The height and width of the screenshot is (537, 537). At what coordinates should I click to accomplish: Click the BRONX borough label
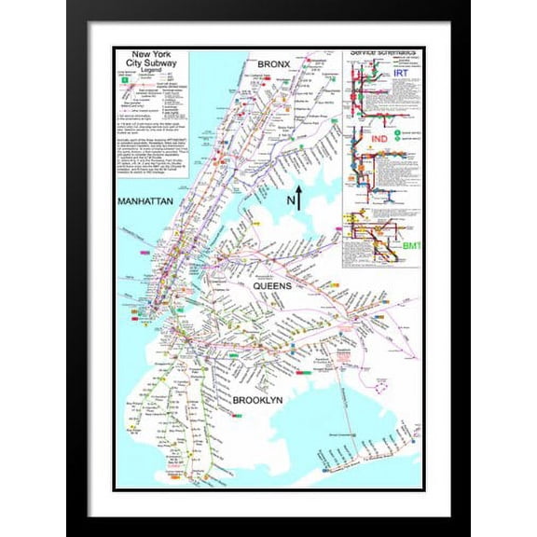click(x=276, y=62)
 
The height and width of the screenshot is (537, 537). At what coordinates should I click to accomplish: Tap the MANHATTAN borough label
click(x=144, y=201)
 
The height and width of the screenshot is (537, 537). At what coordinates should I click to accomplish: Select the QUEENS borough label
click(x=272, y=286)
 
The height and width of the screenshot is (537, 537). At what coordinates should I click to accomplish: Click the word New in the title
click(x=142, y=56)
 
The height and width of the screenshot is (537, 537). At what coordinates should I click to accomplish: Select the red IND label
click(x=379, y=140)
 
